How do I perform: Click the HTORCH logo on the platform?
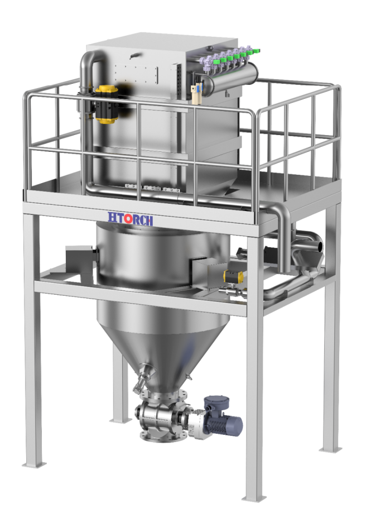click(130, 218)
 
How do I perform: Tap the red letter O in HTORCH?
click(128, 218)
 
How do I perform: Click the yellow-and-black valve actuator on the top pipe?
click(106, 104)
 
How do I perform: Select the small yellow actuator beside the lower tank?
click(233, 276)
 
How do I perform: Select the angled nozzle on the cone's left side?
click(143, 377)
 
